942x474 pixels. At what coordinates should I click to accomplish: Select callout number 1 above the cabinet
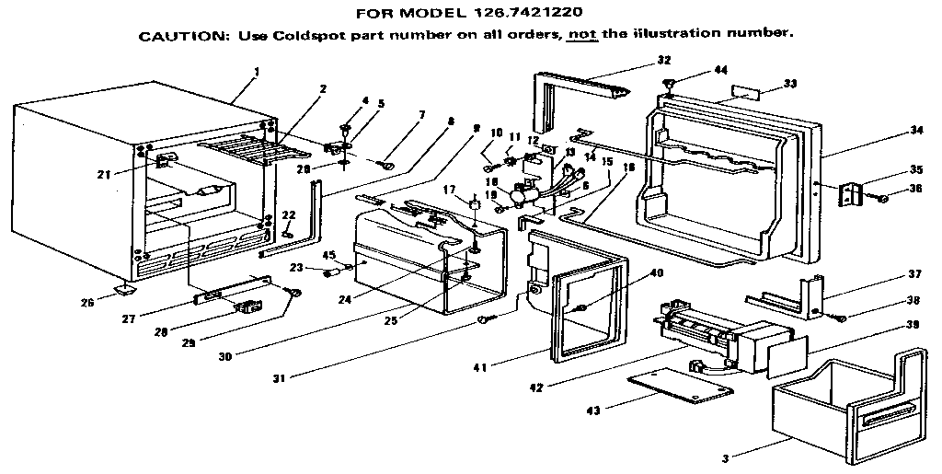tap(258, 71)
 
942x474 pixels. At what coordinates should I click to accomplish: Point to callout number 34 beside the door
tap(915, 130)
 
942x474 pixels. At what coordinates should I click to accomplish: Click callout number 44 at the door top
tap(720, 71)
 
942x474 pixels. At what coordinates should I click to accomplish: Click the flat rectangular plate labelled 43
tap(681, 384)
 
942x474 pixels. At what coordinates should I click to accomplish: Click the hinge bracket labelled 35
tap(850, 194)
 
